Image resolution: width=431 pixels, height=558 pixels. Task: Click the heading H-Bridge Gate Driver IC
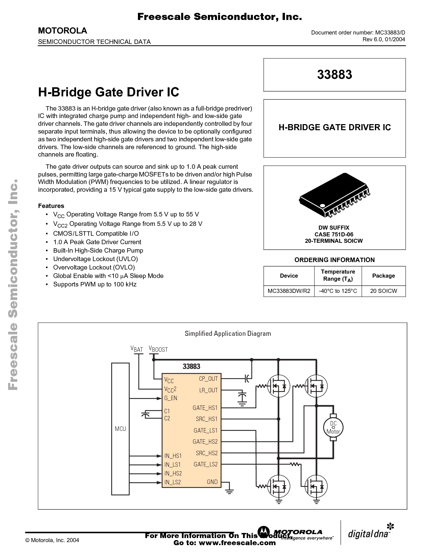tap(109, 92)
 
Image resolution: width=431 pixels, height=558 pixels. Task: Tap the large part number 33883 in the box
tap(334, 74)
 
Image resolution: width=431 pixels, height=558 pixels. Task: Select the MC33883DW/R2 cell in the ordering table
tap(289, 291)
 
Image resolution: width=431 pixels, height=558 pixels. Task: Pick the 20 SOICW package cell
tap(383, 291)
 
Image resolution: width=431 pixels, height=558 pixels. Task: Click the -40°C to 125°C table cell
tap(338, 291)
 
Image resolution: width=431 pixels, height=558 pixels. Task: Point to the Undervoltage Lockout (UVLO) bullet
tap(95, 259)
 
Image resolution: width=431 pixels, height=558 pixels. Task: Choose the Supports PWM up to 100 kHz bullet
tap(95, 284)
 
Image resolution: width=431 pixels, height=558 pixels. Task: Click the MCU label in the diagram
tap(120, 429)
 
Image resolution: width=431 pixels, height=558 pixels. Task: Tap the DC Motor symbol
tap(333, 427)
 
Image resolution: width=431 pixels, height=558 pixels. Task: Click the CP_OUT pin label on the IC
tap(208, 379)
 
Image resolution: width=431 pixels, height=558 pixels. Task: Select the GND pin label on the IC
tap(212, 482)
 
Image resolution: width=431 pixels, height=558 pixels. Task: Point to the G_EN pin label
tap(171, 398)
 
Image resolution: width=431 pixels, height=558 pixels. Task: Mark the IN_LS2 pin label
tap(173, 482)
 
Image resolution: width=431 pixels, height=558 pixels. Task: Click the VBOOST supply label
tap(158, 349)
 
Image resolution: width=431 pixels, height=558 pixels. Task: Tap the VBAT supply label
tap(137, 349)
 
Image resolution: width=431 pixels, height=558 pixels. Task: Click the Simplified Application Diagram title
tap(228, 333)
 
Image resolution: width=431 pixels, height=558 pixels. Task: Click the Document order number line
tap(358, 32)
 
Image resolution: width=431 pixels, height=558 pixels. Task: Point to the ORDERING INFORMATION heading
tap(334, 260)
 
